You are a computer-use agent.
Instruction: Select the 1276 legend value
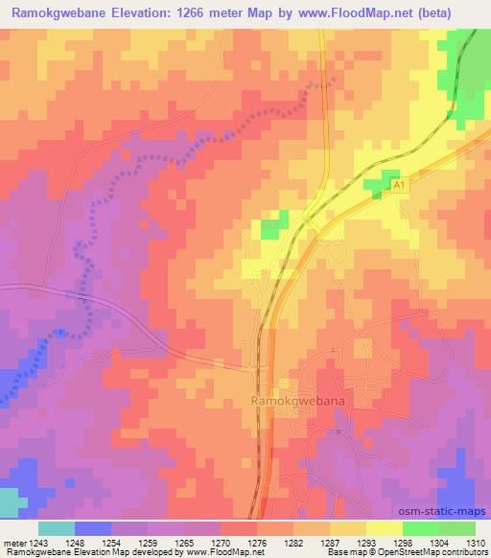(256, 542)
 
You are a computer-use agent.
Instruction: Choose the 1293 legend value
(365, 542)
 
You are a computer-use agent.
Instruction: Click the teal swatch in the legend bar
(57, 528)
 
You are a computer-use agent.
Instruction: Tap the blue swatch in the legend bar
(93, 528)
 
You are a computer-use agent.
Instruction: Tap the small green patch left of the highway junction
(274, 226)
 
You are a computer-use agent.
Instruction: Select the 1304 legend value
(438, 542)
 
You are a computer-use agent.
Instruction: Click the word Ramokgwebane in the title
(57, 12)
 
